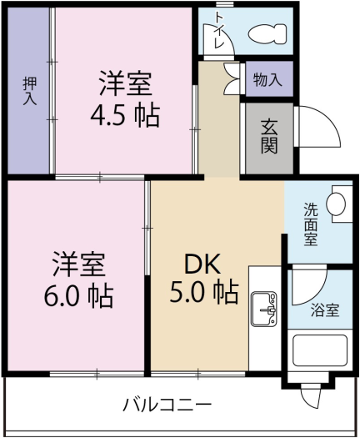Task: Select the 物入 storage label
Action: (267, 80)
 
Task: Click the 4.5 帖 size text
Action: (125, 115)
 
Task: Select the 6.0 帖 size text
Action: (79, 295)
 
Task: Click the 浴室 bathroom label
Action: (325, 310)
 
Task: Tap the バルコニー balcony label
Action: (167, 405)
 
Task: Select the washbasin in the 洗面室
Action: (337, 204)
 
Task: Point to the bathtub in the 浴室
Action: (321, 355)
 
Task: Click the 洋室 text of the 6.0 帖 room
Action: (79, 265)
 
